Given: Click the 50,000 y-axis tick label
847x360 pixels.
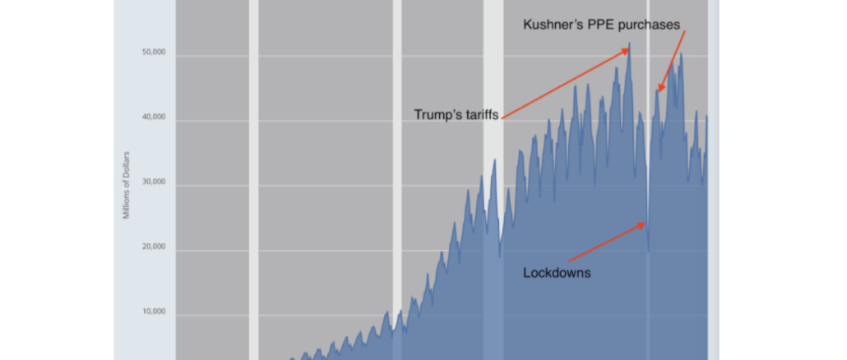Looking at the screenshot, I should click(x=155, y=53).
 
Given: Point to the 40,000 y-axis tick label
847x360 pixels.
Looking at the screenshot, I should click(x=155, y=118).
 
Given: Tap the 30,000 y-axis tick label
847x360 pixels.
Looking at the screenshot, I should click(x=155, y=182).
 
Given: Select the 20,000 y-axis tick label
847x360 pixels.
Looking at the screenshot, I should click(x=155, y=247).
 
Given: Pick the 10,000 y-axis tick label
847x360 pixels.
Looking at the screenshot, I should click(x=155, y=312).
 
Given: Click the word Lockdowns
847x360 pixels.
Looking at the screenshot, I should click(x=557, y=273).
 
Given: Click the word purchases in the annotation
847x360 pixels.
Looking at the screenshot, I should click(x=652, y=25).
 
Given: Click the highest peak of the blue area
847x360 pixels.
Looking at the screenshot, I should click(x=629, y=44).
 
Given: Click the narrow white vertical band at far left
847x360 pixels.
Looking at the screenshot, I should click(x=253, y=181).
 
